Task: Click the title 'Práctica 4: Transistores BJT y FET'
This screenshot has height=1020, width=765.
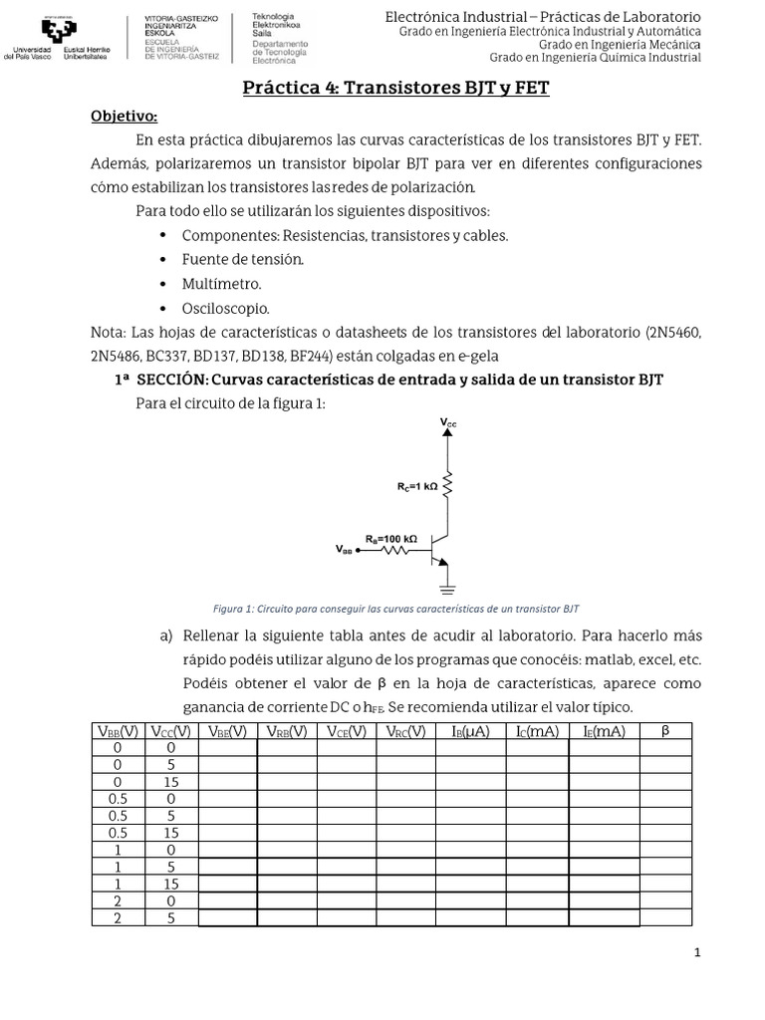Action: [x=396, y=89]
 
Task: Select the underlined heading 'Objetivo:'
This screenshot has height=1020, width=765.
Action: [x=125, y=116]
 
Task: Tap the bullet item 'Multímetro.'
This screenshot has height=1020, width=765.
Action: [x=221, y=284]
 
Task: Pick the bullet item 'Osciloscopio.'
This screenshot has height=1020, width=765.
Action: [x=225, y=309]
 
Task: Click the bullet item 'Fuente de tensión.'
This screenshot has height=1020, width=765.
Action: [x=242, y=259]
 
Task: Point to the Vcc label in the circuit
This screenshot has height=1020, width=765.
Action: [x=448, y=423]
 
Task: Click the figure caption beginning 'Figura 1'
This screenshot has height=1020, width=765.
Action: [x=396, y=608]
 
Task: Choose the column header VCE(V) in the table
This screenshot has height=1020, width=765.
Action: [x=345, y=732]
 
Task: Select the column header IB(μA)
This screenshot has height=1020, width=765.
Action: [x=470, y=732]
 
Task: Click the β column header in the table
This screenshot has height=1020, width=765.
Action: [x=666, y=732]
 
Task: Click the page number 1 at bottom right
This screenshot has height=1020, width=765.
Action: [x=698, y=953]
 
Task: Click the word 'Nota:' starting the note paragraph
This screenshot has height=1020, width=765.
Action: [x=108, y=333]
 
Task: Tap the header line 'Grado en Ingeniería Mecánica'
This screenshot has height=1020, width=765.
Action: [x=619, y=44]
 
